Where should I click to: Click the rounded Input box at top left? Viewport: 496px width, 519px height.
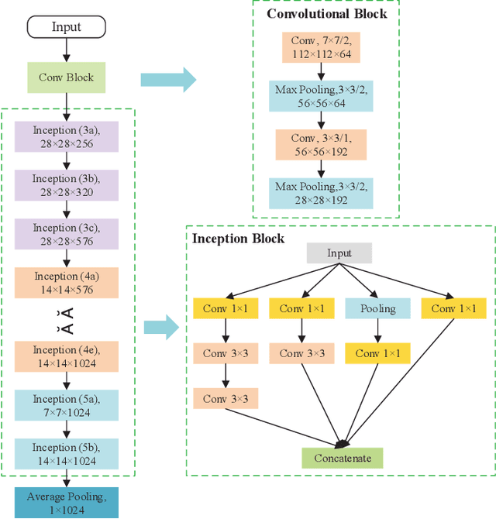[66, 27]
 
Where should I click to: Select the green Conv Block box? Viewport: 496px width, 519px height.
[66, 77]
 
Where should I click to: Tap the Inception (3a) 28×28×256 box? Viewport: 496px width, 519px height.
[66, 137]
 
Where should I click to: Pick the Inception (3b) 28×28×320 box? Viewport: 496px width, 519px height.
[66, 186]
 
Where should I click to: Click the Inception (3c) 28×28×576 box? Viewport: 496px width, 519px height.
[66, 235]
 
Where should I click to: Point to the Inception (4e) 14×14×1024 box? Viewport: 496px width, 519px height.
[66, 356]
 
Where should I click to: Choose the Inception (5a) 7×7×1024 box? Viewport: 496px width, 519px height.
[66, 405]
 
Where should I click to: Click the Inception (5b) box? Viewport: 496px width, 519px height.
[66, 454]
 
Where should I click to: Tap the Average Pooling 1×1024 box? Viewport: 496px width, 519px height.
[66, 503]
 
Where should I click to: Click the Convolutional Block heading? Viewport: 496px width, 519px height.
[327, 13]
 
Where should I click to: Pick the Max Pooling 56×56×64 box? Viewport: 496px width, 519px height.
[320, 97]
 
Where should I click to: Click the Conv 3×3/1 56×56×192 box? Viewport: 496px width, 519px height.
[320, 145]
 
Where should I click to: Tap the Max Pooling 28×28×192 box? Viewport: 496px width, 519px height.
[320, 193]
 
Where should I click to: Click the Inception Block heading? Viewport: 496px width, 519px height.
[238, 239]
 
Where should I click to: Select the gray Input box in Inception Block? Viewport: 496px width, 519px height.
[339, 253]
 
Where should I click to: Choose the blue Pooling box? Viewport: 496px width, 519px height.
[377, 308]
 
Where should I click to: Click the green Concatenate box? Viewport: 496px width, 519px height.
[343, 458]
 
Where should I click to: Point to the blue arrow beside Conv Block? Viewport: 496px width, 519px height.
[167, 79]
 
